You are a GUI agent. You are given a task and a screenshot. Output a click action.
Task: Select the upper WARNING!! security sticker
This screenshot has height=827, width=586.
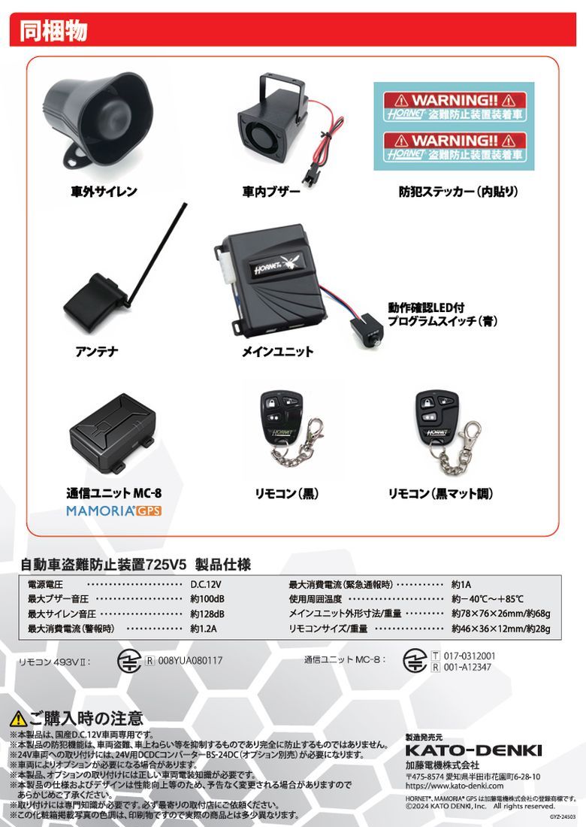[x=455, y=107]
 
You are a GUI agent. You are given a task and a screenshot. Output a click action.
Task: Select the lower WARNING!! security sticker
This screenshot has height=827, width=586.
[x=455, y=147]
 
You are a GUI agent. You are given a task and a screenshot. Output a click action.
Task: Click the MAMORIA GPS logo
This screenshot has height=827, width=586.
[x=113, y=510]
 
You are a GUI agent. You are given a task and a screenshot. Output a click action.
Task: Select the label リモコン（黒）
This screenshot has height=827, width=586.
[x=287, y=494]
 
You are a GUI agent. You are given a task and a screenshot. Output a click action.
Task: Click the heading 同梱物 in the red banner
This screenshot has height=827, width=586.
[x=53, y=31]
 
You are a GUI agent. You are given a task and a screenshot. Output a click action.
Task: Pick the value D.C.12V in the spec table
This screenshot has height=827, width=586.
[x=206, y=584]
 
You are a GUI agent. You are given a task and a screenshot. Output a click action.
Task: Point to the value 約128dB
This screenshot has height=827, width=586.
[x=207, y=614]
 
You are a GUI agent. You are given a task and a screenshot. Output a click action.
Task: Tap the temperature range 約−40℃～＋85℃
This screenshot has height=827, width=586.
[x=488, y=599]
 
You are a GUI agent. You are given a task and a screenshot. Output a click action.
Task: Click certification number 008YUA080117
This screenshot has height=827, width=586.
[x=190, y=660]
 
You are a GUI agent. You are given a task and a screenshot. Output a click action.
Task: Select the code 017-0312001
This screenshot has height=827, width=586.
[x=470, y=656]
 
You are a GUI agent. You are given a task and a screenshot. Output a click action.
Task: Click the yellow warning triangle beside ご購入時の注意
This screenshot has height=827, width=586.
[x=18, y=718]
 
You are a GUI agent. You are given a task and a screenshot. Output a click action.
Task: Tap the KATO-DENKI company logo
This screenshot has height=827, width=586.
[x=473, y=750]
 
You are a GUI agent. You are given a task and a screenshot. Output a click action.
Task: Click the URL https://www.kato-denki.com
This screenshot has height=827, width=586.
[x=455, y=786]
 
